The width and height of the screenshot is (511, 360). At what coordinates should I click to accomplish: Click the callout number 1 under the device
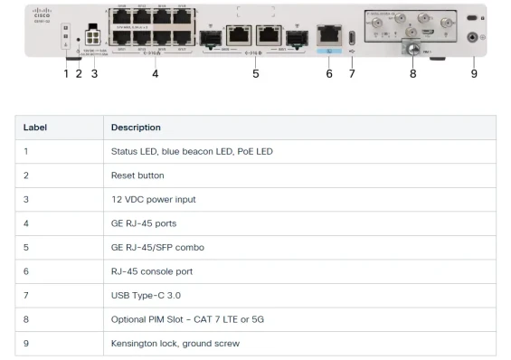[x=66, y=73]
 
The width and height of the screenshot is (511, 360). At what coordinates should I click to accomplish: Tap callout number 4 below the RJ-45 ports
[x=155, y=73]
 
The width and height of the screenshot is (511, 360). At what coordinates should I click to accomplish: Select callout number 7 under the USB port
[x=352, y=73]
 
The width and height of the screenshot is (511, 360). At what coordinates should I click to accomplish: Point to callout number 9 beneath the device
[x=473, y=73]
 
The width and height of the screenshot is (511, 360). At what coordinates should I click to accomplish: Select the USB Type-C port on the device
[x=352, y=38]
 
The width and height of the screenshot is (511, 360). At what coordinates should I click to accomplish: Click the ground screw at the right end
[x=472, y=39]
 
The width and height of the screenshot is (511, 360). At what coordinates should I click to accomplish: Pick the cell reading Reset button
[x=137, y=175]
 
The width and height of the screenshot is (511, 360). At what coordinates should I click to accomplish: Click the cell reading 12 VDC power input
[x=153, y=199]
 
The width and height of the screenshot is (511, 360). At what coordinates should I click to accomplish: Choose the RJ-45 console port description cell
[x=152, y=271]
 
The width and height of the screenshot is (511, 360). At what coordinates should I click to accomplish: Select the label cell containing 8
[x=27, y=319]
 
